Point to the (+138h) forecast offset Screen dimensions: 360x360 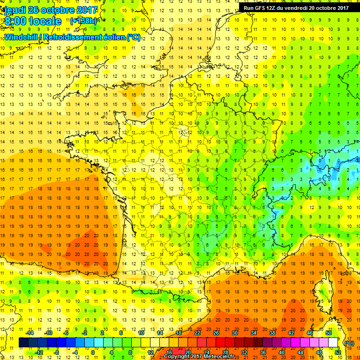click(x=83, y=21)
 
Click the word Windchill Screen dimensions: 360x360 click(x=22, y=37)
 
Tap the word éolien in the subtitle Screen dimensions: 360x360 click(x=114, y=37)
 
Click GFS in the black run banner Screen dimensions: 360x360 click(x=262, y=7)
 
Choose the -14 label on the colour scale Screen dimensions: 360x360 click(x=30, y=332)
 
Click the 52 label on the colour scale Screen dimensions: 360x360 click(x=338, y=352)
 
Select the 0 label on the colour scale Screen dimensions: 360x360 click(x=92, y=352)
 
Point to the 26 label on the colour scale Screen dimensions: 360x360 click(x=216, y=332)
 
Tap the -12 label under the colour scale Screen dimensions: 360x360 click(x=39, y=352)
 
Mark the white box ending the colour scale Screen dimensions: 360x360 click(x=333, y=343)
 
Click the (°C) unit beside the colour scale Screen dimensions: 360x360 click(x=349, y=343)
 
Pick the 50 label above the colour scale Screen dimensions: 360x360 click(x=329, y=332)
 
